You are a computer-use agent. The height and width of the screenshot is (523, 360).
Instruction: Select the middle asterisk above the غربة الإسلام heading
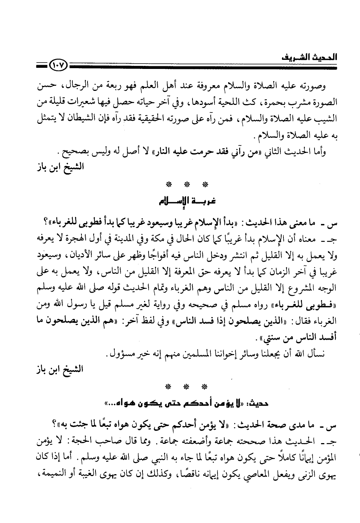click(x=186, y=184)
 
